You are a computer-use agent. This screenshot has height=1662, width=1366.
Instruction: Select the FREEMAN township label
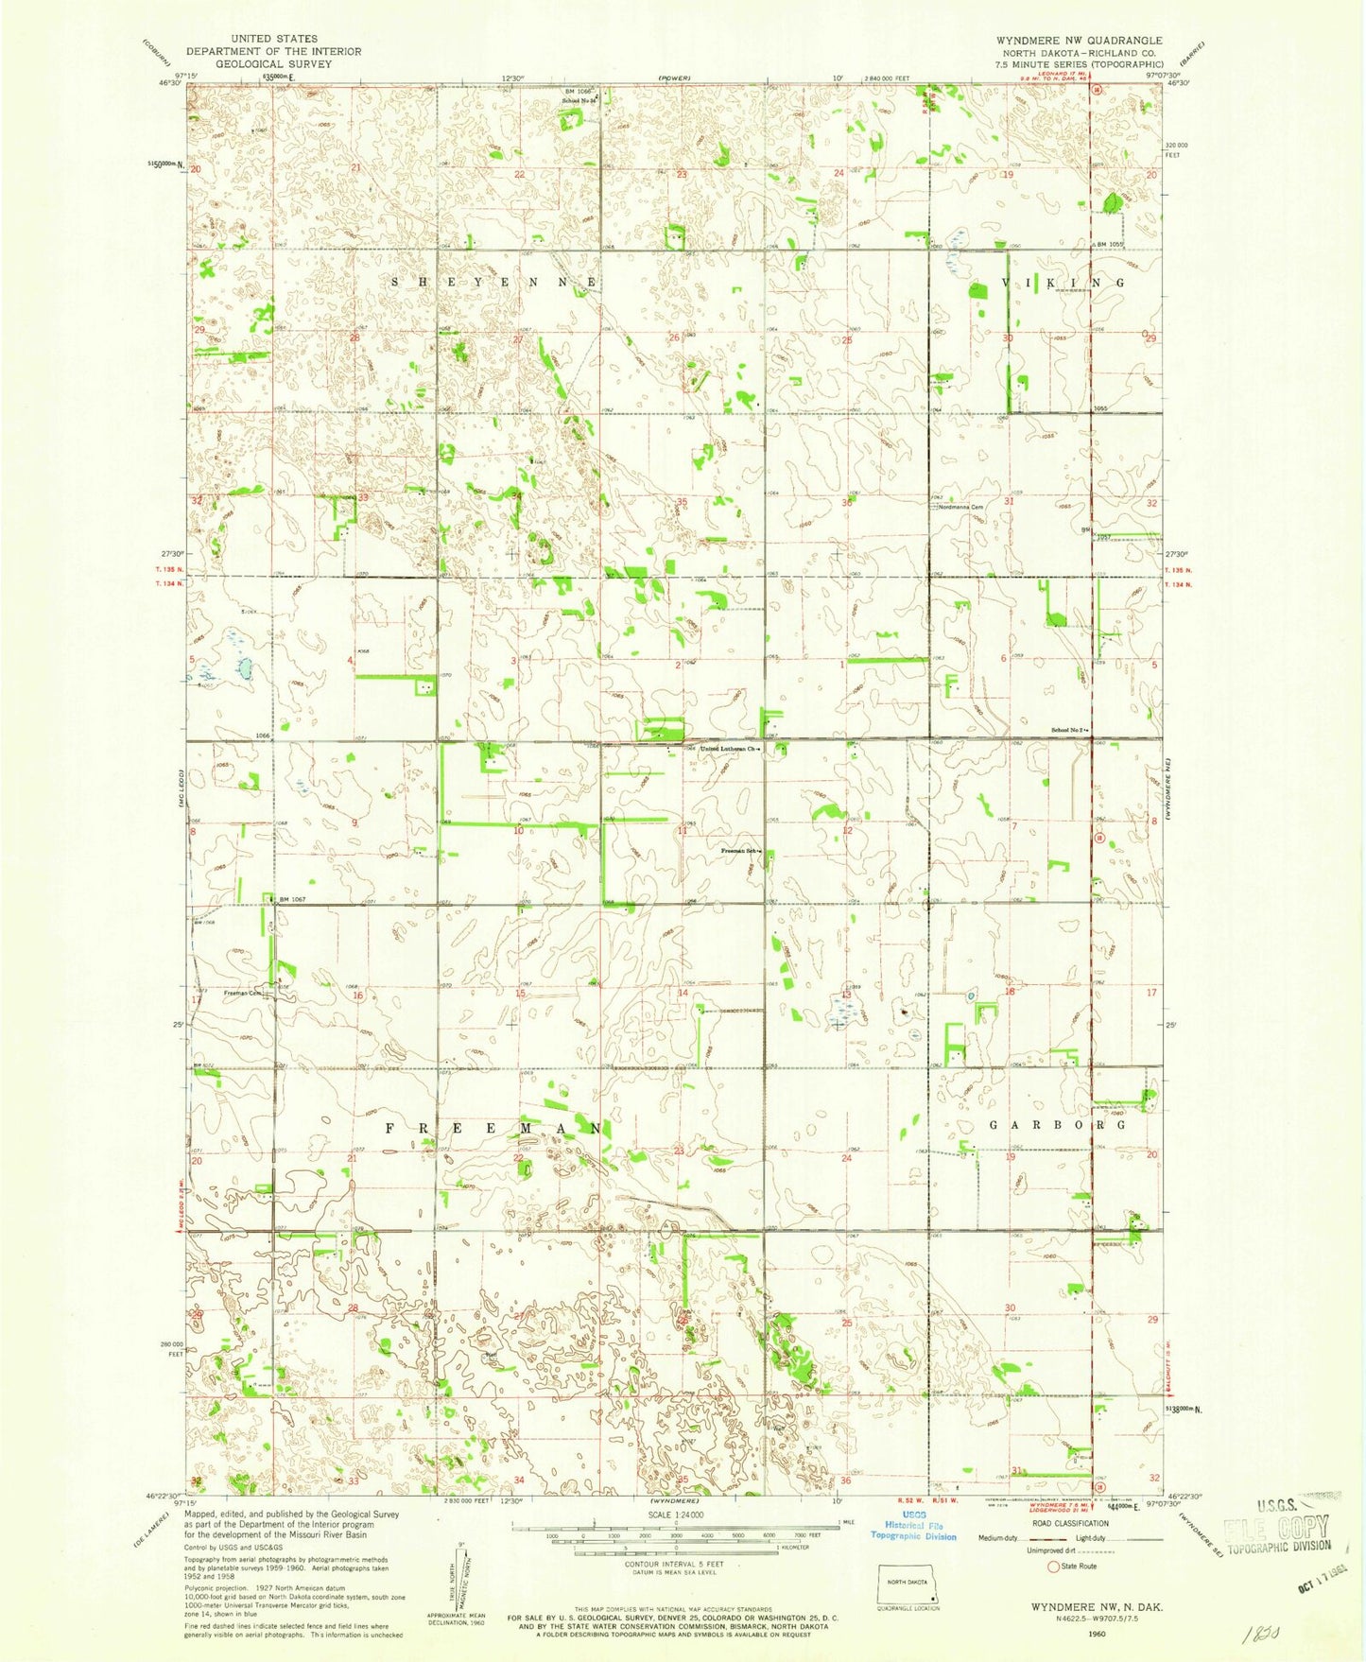pyautogui.click(x=493, y=1128)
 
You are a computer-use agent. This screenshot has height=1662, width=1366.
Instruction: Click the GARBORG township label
pyautogui.click(x=1058, y=1125)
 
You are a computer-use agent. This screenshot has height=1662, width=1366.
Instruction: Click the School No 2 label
pyautogui.click(x=1071, y=730)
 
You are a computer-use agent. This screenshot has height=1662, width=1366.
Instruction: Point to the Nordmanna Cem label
pyautogui.click(x=962, y=507)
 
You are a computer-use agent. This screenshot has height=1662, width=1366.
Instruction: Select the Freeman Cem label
pyautogui.click(x=242, y=994)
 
